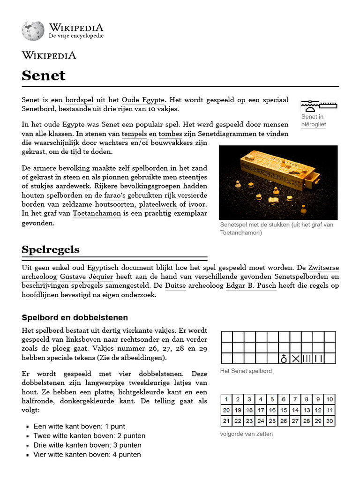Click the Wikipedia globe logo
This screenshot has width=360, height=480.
tap(32, 30)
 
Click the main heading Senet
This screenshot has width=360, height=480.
tap(44, 76)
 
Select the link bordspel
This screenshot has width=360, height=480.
tap(79, 100)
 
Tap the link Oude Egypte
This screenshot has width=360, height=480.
tap(143, 100)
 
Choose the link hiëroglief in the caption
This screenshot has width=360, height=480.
tap(314, 125)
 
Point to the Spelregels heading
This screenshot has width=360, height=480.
tap(51, 249)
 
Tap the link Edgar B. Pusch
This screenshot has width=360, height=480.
tap(251, 286)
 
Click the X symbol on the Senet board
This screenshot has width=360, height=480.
tap(295, 359)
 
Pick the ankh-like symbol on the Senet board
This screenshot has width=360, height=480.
tap(284, 359)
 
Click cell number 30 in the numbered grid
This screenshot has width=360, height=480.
tap(330, 421)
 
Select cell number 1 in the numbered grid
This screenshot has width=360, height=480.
tap(226, 399)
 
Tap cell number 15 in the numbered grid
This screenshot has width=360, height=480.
tap(284, 410)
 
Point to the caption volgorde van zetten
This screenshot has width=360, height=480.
tap(246, 434)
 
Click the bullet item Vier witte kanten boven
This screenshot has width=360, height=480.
tap(87, 454)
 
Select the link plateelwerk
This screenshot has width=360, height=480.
tap(157, 204)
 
